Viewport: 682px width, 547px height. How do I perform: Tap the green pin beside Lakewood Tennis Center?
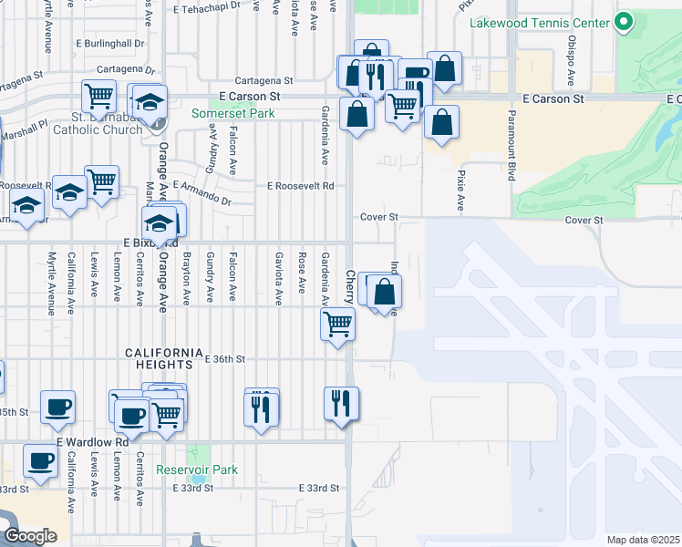625,22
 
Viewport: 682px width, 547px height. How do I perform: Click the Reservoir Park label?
197,470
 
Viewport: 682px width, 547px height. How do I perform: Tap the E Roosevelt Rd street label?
300,185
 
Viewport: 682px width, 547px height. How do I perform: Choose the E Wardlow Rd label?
93,442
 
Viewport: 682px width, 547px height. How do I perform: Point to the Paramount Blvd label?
511,147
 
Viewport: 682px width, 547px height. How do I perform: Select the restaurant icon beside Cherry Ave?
341,402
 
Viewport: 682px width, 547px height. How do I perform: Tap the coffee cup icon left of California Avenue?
57,407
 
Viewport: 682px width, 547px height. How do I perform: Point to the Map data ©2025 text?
643,540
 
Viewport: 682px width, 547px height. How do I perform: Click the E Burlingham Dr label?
110,43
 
